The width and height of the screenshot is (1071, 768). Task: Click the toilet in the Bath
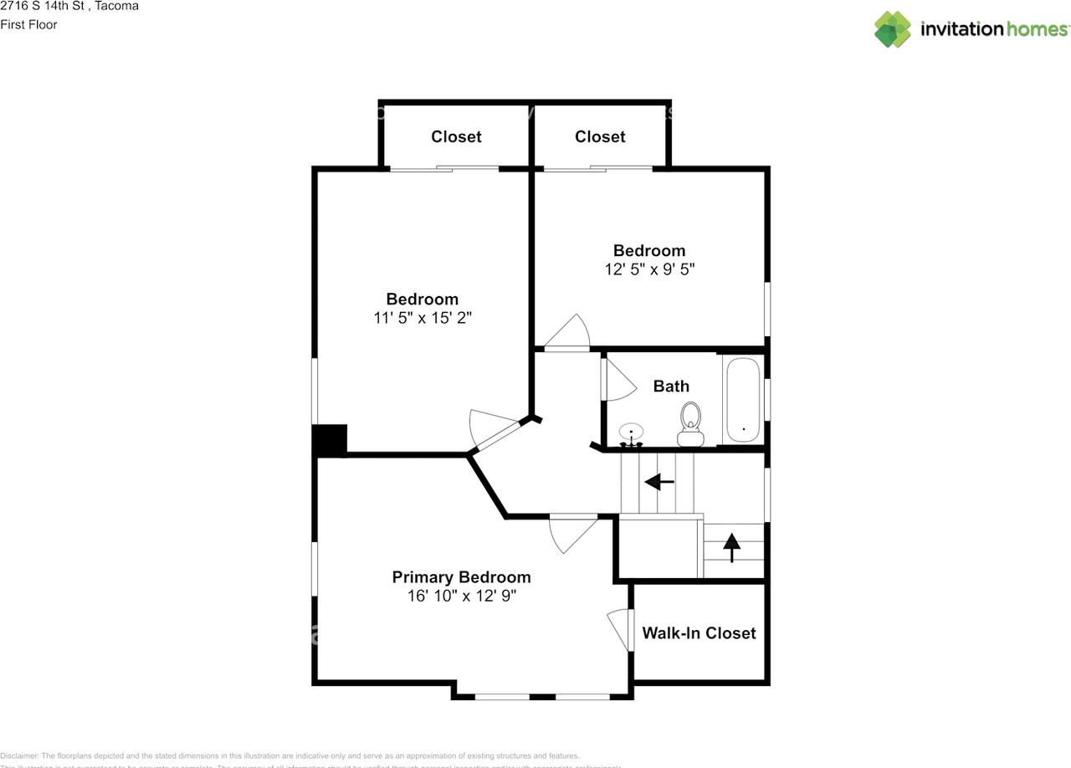tap(691, 423)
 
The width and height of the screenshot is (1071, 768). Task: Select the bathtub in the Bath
tap(743, 400)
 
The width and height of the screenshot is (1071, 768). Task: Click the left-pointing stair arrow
tap(658, 482)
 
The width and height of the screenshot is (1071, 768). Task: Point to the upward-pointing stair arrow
tap(732, 547)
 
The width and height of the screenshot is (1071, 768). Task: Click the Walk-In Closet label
tap(699, 633)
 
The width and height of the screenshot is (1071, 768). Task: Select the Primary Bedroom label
tap(461, 577)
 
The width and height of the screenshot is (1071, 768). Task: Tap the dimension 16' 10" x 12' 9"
tap(461, 596)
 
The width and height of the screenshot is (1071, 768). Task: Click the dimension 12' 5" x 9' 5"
tap(650, 269)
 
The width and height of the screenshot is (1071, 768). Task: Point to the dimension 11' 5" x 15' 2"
tap(423, 318)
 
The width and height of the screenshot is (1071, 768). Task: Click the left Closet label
tap(456, 136)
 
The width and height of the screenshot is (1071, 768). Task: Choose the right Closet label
tap(600, 136)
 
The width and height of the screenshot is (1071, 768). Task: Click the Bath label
tap(671, 386)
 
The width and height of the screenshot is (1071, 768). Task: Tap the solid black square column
tap(330, 440)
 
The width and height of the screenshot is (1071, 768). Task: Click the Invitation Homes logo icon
tap(893, 29)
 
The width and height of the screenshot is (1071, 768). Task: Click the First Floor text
tap(28, 24)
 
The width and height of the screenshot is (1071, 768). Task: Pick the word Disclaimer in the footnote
tap(19, 755)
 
